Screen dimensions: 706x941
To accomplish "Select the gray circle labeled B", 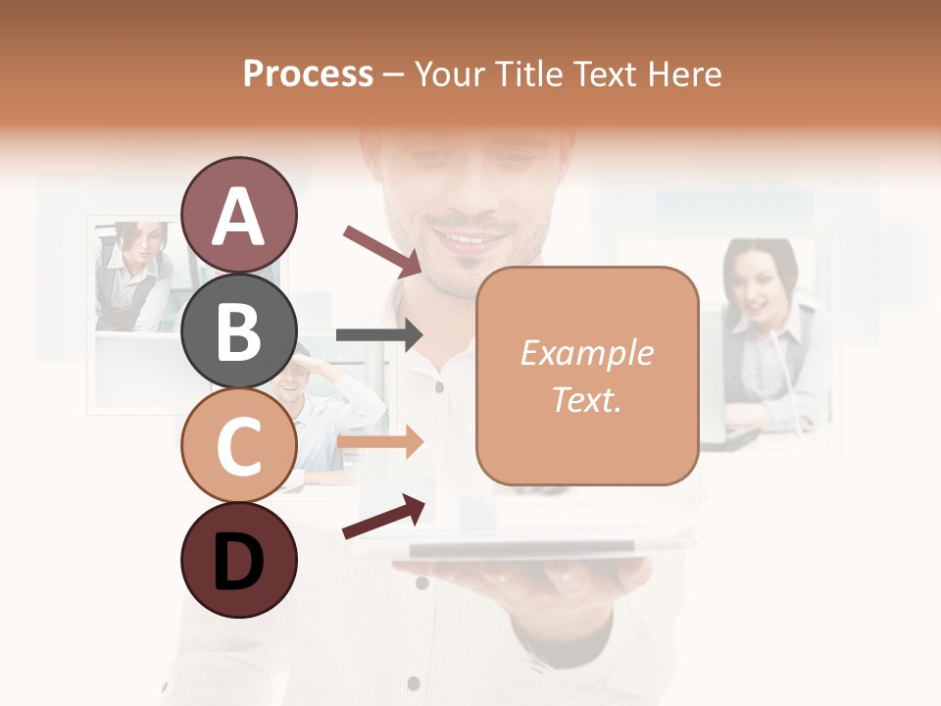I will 238,330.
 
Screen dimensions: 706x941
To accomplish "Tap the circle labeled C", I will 238,445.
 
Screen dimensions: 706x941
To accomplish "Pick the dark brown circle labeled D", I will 238,560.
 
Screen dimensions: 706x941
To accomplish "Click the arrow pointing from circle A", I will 382,250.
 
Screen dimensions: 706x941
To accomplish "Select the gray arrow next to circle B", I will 378,335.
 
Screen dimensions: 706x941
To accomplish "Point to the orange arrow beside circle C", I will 380,442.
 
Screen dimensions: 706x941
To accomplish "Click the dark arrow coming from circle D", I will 383,517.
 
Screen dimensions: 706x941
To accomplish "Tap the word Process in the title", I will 308,75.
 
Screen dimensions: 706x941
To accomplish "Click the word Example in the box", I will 586,353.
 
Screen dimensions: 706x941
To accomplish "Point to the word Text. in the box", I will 586,399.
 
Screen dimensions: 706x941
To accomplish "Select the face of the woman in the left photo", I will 131,241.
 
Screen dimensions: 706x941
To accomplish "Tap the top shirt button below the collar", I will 439,387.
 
